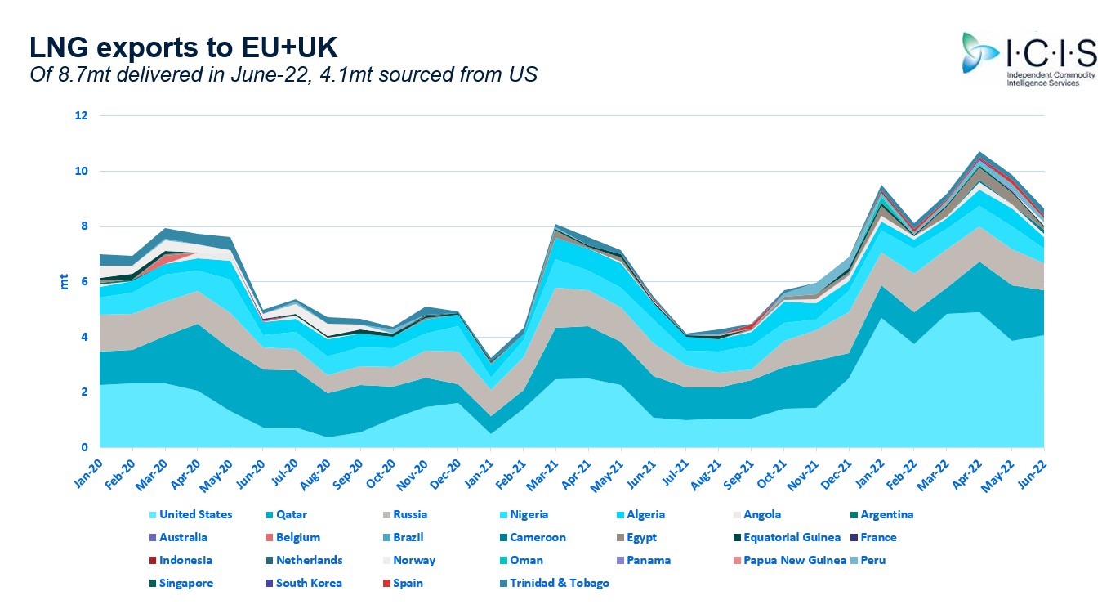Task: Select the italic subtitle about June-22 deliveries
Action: pyautogui.click(x=283, y=74)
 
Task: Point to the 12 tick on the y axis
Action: pyautogui.click(x=81, y=116)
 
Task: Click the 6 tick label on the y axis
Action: pyautogui.click(x=83, y=282)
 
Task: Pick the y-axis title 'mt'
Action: pyautogui.click(x=64, y=282)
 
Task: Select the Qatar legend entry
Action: pyautogui.click(x=291, y=515)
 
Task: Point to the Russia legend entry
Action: pyautogui.click(x=409, y=515)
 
